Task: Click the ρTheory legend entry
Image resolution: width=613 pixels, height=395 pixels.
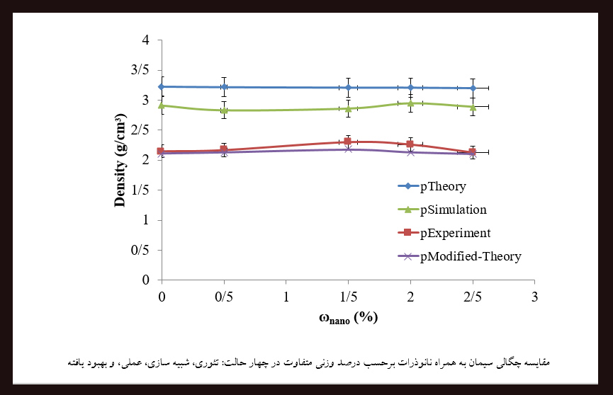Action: pyautogui.click(x=442, y=187)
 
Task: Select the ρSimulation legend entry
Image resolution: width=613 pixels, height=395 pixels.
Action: pyautogui.click(x=453, y=210)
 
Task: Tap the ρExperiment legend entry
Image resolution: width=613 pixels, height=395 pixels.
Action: pyautogui.click(x=455, y=233)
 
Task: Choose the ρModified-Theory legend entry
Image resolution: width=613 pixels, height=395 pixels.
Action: pyautogui.click(x=471, y=256)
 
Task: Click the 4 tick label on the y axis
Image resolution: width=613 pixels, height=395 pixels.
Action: pyautogui.click(x=145, y=40)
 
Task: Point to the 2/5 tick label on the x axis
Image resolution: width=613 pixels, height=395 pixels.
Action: pyautogui.click(x=473, y=294)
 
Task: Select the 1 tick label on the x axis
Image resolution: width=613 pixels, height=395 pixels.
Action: pyautogui.click(x=286, y=294)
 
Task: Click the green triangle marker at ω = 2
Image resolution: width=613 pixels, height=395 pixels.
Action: pyautogui.click(x=410, y=103)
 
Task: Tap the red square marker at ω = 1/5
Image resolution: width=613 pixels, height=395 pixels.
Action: pyautogui.click(x=348, y=142)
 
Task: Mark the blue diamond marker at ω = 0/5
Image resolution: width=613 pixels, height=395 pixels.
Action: pyautogui.click(x=224, y=87)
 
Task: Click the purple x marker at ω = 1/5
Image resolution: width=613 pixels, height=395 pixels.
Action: pyautogui.click(x=348, y=149)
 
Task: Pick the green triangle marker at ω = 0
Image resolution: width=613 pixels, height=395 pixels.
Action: pyautogui.click(x=162, y=105)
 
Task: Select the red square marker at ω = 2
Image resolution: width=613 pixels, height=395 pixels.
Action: pyautogui.click(x=410, y=144)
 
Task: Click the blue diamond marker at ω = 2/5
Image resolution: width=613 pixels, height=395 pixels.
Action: pyautogui.click(x=473, y=88)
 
